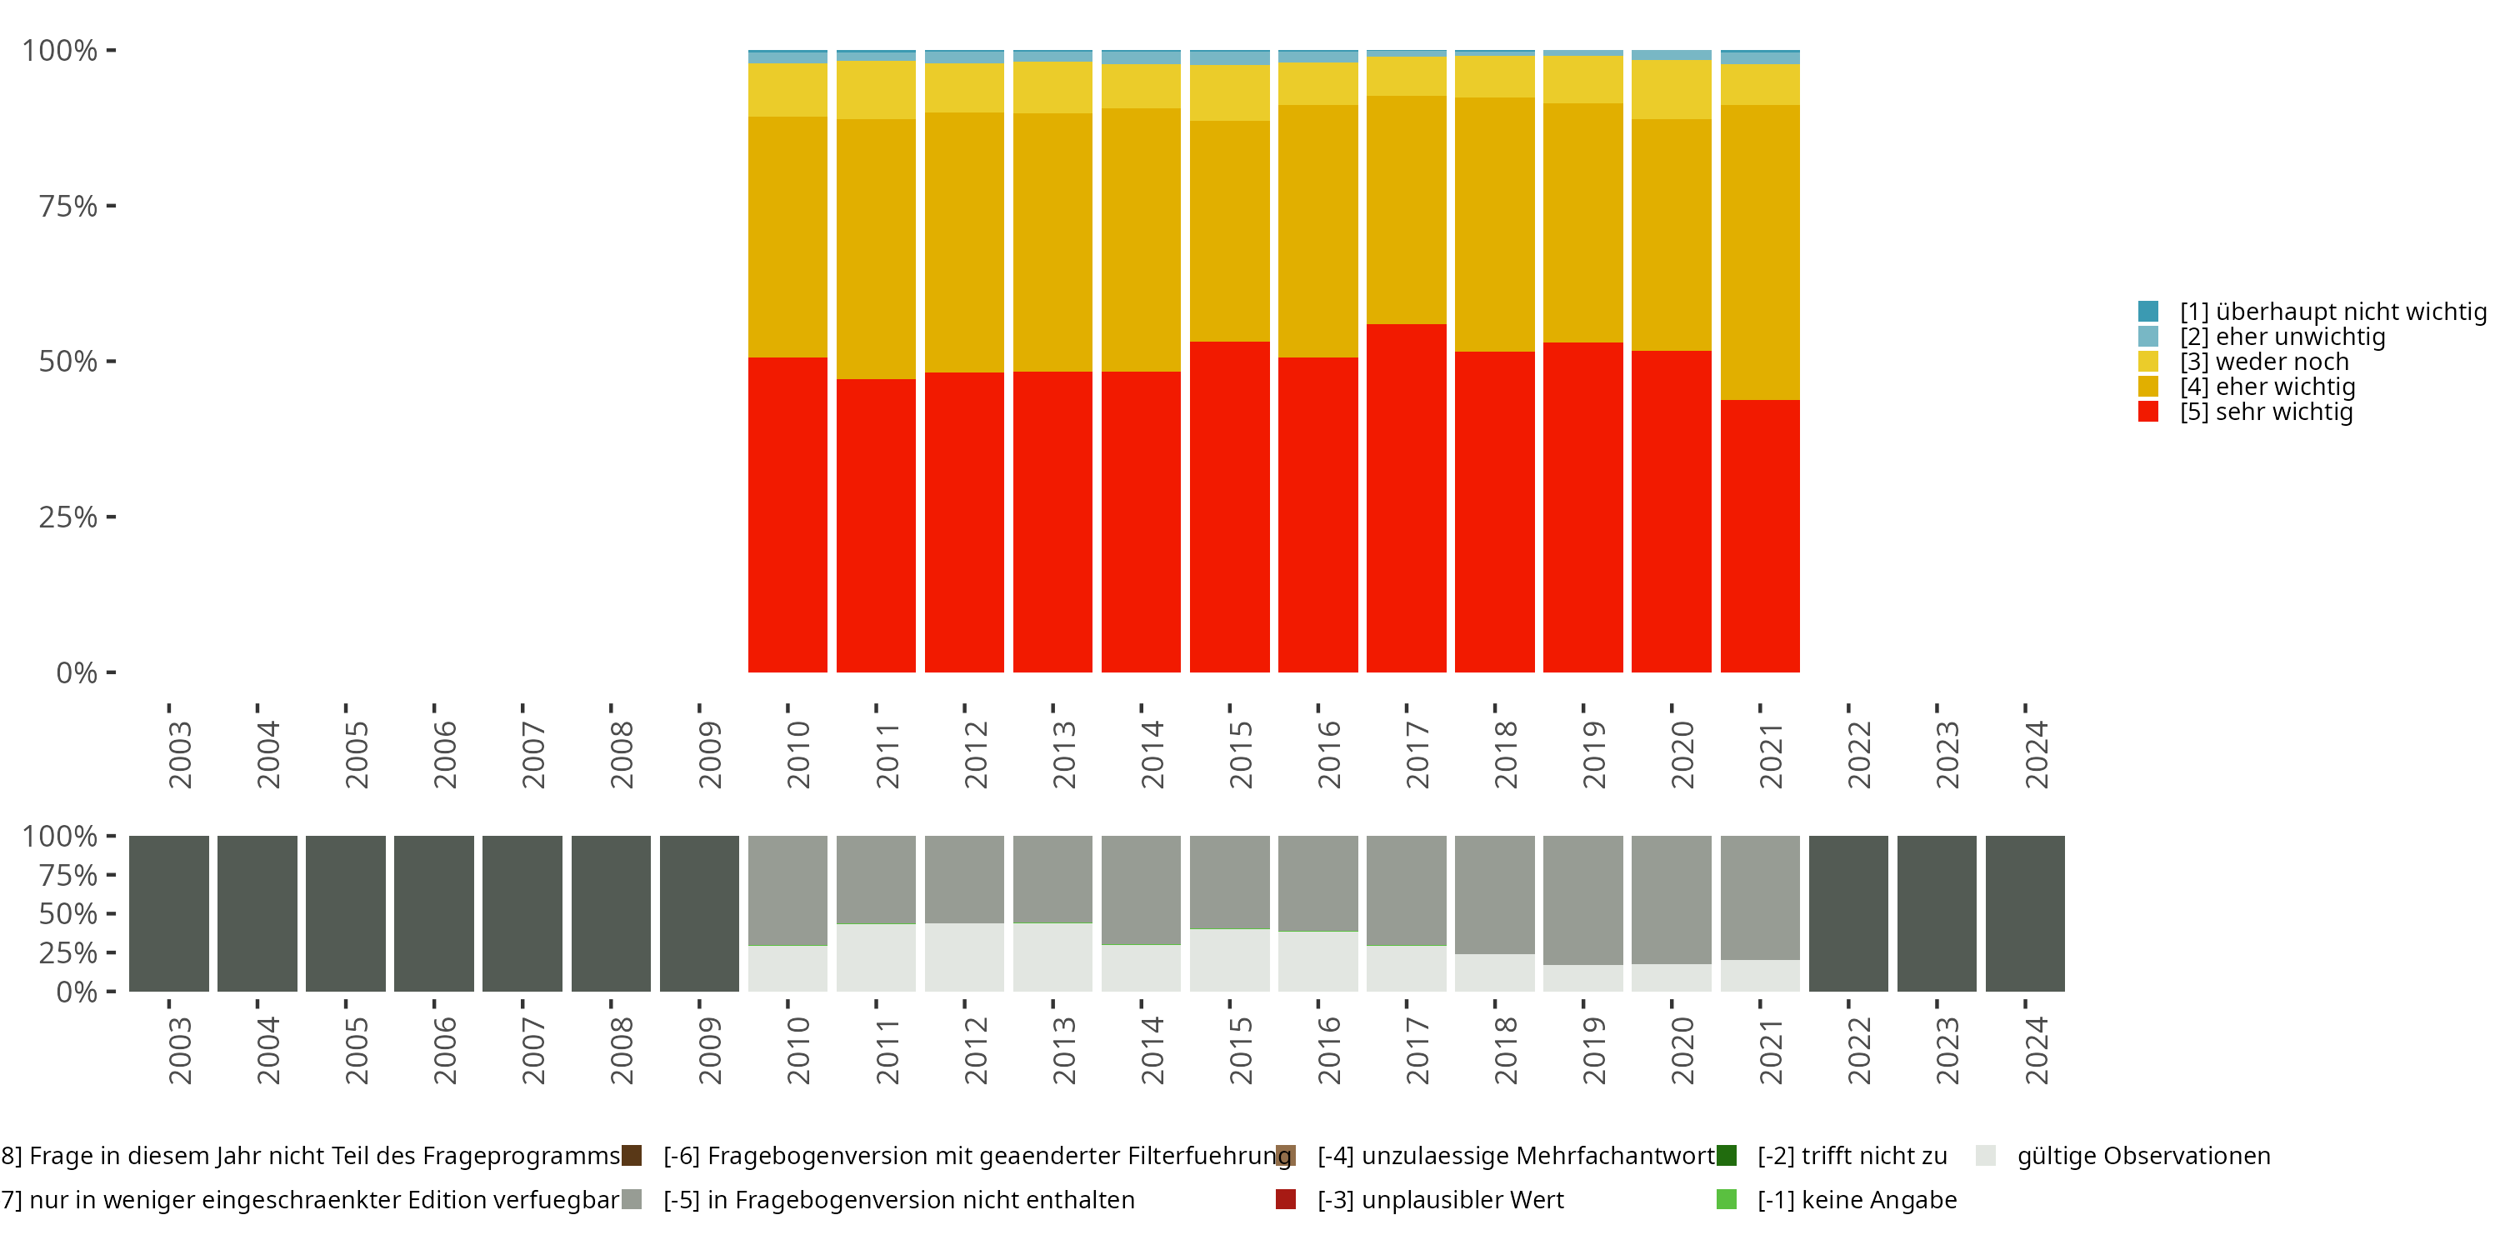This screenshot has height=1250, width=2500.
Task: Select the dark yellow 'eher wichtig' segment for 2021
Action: coord(1758,252)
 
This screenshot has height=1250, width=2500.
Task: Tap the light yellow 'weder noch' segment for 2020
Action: coord(1670,89)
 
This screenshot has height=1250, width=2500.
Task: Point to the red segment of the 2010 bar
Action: coord(787,514)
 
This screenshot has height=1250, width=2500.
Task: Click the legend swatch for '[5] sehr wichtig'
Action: coord(2147,412)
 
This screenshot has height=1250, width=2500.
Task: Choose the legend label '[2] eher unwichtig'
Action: coord(2282,337)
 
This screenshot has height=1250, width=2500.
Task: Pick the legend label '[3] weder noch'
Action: coord(2263,362)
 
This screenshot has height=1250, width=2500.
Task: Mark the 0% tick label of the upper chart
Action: coord(77,672)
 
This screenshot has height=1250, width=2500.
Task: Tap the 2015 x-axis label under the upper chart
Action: coord(1239,754)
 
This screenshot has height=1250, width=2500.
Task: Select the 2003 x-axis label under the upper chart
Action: coord(179,754)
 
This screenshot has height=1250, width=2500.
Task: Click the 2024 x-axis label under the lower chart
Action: coord(2035,1050)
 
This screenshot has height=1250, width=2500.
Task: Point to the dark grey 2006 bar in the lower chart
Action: coord(434,913)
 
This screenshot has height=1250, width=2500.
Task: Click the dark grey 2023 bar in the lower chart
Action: coord(1936,913)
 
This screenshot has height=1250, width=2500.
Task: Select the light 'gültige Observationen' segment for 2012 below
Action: coord(963,957)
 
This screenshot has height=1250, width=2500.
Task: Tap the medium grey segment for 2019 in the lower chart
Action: coord(1582,900)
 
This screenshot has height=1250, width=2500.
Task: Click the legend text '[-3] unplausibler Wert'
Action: coord(1440,1199)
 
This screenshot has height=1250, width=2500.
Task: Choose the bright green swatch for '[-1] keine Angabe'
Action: coord(1727,1199)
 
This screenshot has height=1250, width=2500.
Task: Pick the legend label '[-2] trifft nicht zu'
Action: coord(1852,1156)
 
